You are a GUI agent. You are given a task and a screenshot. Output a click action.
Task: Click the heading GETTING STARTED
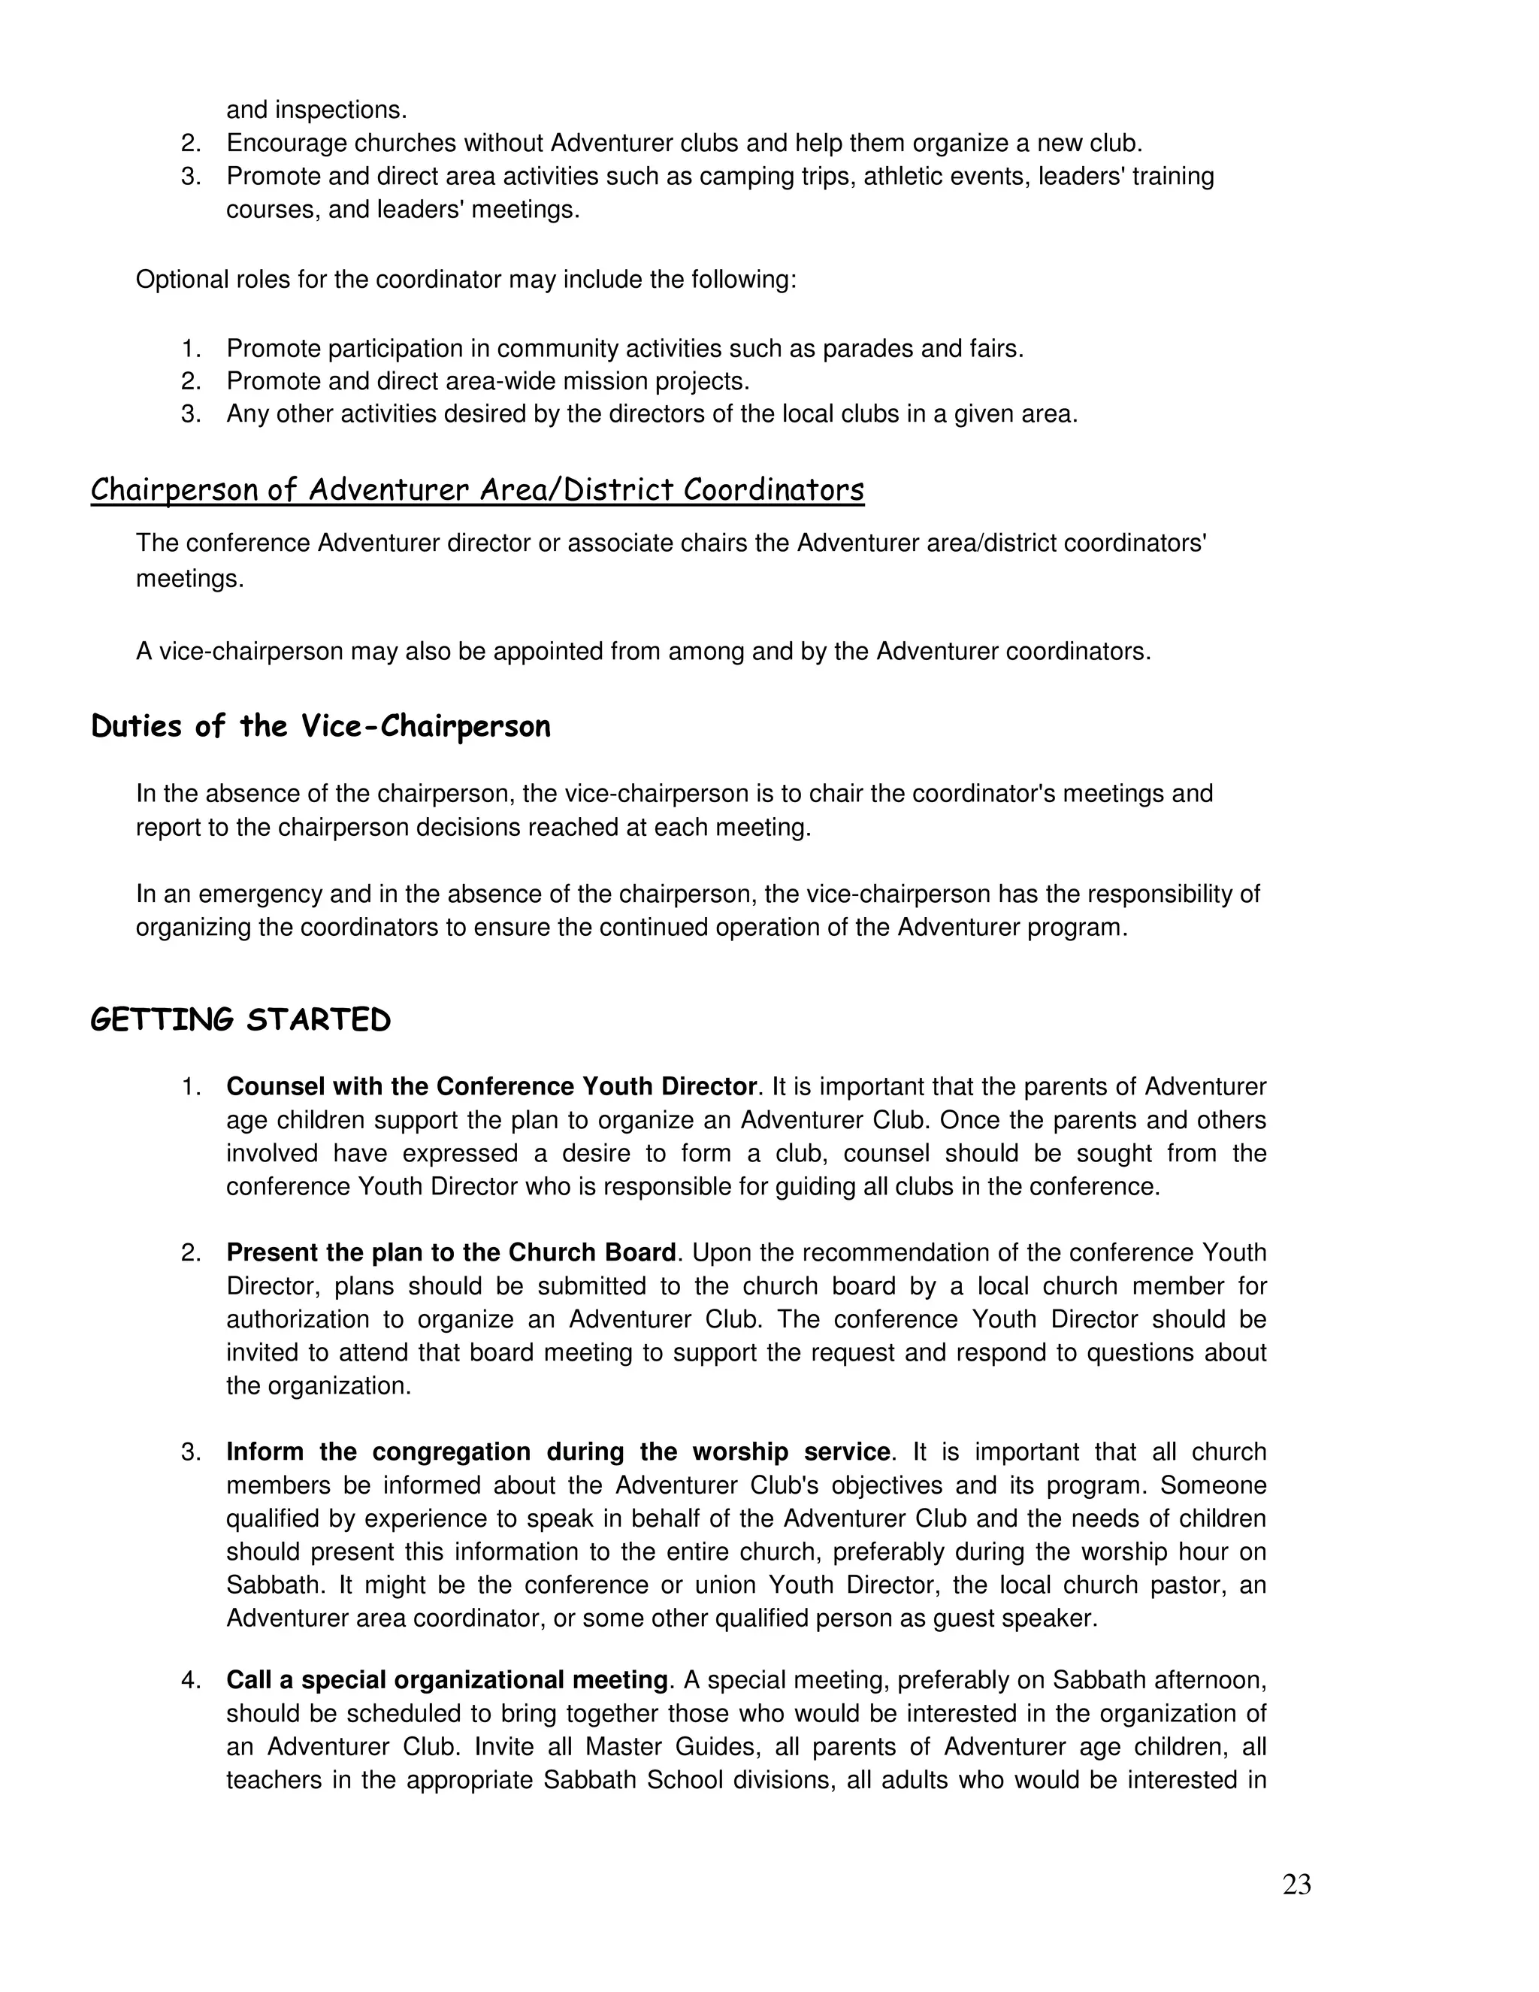coord(240,1020)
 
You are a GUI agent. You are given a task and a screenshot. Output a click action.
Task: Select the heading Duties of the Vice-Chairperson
coord(321,727)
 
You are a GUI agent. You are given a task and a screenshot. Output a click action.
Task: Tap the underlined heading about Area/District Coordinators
coord(477,491)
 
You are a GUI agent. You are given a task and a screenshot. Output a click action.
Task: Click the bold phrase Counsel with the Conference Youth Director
coord(491,1086)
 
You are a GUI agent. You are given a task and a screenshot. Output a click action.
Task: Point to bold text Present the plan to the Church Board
coord(450,1252)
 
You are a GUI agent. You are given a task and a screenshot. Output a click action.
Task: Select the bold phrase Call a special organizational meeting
coord(447,1680)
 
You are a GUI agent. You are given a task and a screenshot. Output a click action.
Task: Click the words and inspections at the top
coord(316,110)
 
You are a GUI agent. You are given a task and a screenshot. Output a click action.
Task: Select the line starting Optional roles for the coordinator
coord(465,279)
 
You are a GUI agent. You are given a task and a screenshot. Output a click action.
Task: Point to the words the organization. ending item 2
coord(318,1385)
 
